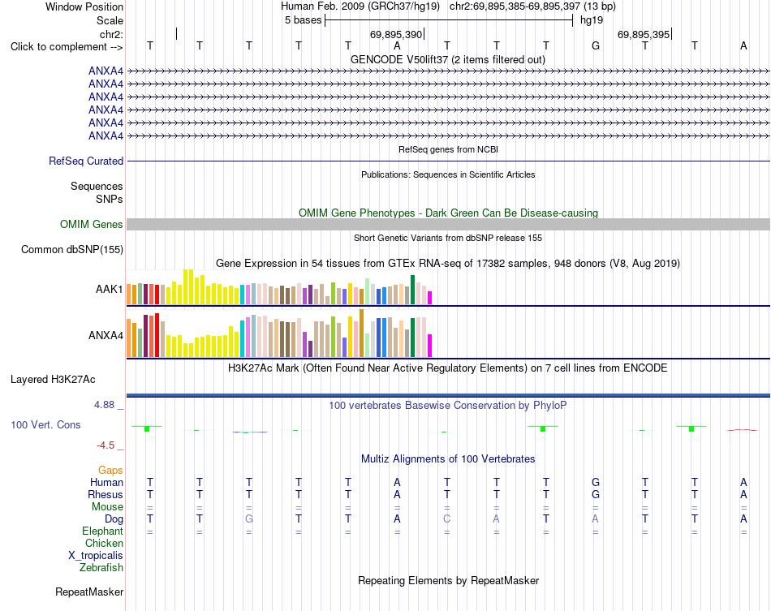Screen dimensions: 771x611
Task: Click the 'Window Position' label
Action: tap(84, 6)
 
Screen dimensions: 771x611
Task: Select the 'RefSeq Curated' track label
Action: tap(86, 161)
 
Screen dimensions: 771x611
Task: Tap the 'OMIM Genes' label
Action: tap(92, 225)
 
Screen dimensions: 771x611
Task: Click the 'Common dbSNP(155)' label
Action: tap(72, 250)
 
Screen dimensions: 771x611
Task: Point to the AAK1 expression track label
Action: tap(110, 289)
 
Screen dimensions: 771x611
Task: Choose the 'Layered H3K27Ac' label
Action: tap(53, 380)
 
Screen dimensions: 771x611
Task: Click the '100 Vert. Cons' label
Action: tap(45, 424)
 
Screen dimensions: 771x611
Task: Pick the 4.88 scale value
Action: tap(104, 405)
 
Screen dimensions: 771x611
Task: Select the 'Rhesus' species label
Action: tap(106, 494)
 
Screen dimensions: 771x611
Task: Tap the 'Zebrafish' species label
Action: tap(101, 568)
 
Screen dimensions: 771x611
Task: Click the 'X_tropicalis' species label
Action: tap(96, 556)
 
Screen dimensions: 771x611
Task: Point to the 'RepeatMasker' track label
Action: tap(89, 592)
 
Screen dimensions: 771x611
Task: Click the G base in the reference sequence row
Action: tap(596, 45)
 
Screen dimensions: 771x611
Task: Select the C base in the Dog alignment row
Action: tap(446, 518)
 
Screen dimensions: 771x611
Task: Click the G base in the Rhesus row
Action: tap(596, 494)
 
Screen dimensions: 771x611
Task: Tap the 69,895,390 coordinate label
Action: tap(396, 34)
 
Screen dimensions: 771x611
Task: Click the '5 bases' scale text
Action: tap(303, 20)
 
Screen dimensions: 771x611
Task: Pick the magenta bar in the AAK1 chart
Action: tap(430, 298)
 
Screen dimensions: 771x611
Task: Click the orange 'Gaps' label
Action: tap(110, 471)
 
